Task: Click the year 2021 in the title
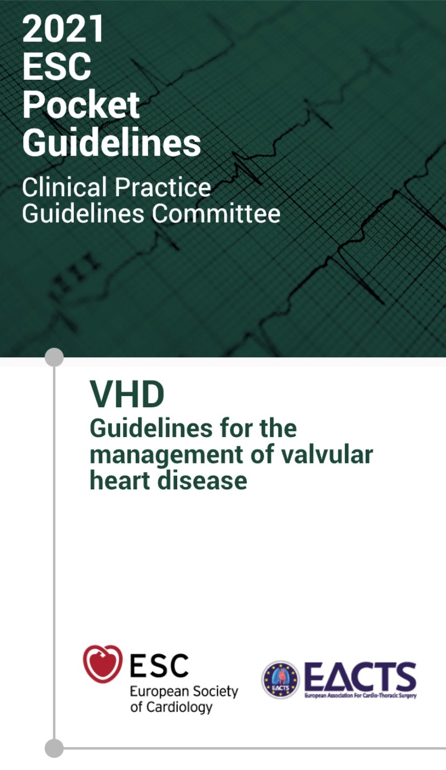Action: point(63,29)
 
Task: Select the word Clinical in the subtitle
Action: point(65,188)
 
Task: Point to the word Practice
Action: point(163,188)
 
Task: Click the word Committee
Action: point(216,214)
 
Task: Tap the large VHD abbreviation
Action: point(127,394)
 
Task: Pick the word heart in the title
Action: point(120,480)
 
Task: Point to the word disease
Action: point(202,480)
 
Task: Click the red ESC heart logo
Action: point(103,664)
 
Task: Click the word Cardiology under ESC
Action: point(179,707)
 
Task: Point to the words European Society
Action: point(184,691)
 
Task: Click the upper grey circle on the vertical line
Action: point(54,357)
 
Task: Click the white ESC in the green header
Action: point(57,67)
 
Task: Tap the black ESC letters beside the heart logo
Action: point(159,665)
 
